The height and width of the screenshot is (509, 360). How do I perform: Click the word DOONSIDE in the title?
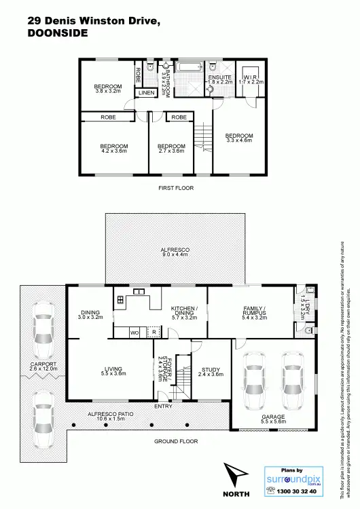58,32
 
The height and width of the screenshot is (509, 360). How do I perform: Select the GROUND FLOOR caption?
175,440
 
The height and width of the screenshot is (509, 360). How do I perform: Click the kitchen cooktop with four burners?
120,299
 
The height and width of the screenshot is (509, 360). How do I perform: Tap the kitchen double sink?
140,292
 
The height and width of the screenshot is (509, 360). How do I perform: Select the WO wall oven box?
135,333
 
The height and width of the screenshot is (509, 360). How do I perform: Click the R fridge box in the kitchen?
154,333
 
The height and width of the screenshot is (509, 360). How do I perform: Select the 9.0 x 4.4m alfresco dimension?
175,256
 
